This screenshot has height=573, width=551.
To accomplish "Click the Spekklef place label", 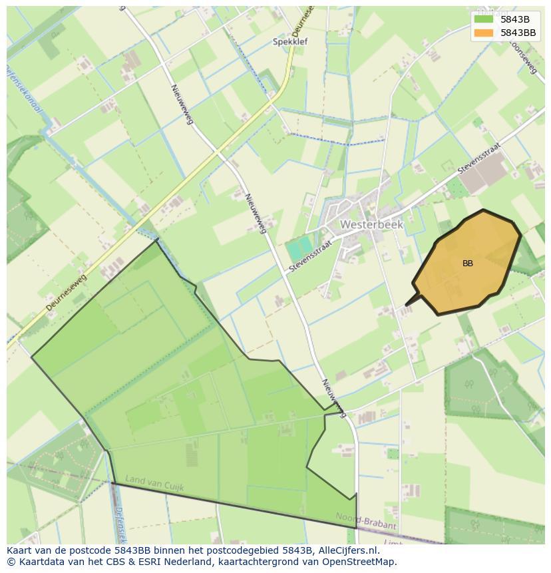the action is [x=290, y=42].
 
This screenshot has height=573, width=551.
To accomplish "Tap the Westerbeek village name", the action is [x=372, y=225].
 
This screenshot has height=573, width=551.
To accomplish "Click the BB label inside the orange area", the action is [x=468, y=264].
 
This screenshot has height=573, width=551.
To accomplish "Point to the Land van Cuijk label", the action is [x=154, y=484].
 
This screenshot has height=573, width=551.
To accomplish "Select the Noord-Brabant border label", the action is [x=366, y=521].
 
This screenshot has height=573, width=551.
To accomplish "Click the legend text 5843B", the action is [x=515, y=19].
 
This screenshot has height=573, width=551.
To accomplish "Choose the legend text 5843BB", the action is [x=518, y=33].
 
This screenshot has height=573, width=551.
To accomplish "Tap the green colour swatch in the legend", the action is [x=484, y=19].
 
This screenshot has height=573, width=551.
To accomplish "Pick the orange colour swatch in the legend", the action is [x=484, y=33].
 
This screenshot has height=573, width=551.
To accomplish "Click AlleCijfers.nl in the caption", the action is [x=347, y=550].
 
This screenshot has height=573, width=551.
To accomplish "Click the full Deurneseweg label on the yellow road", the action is [x=69, y=289].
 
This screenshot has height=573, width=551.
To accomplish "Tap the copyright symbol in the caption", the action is [x=11, y=562].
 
